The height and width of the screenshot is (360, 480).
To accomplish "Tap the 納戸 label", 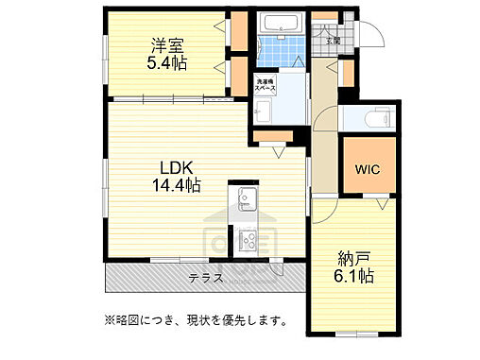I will [x=354, y=256].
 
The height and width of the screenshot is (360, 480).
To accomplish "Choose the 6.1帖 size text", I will [x=354, y=277].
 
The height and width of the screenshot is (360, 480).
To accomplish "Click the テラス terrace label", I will [x=205, y=278].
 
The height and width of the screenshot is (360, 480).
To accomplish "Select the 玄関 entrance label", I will [x=334, y=41].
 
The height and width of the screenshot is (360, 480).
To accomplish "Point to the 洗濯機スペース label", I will [x=266, y=86].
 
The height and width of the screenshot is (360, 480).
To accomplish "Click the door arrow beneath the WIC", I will [x=382, y=204].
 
